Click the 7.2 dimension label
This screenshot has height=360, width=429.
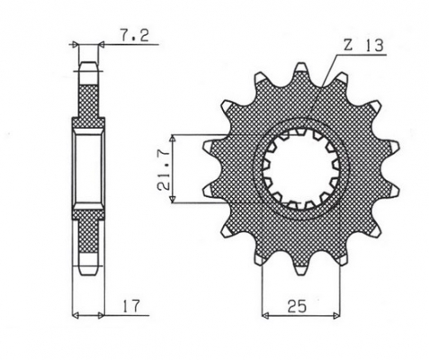click(x=135, y=36)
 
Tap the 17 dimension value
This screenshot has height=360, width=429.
click(x=131, y=306)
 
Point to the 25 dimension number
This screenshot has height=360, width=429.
click(x=298, y=306)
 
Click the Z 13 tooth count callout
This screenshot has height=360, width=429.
click(x=363, y=46)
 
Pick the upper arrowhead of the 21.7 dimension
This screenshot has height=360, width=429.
click(x=173, y=139)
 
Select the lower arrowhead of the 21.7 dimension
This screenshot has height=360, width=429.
click(x=173, y=199)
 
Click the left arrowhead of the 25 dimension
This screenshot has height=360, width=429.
click(x=265, y=315)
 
